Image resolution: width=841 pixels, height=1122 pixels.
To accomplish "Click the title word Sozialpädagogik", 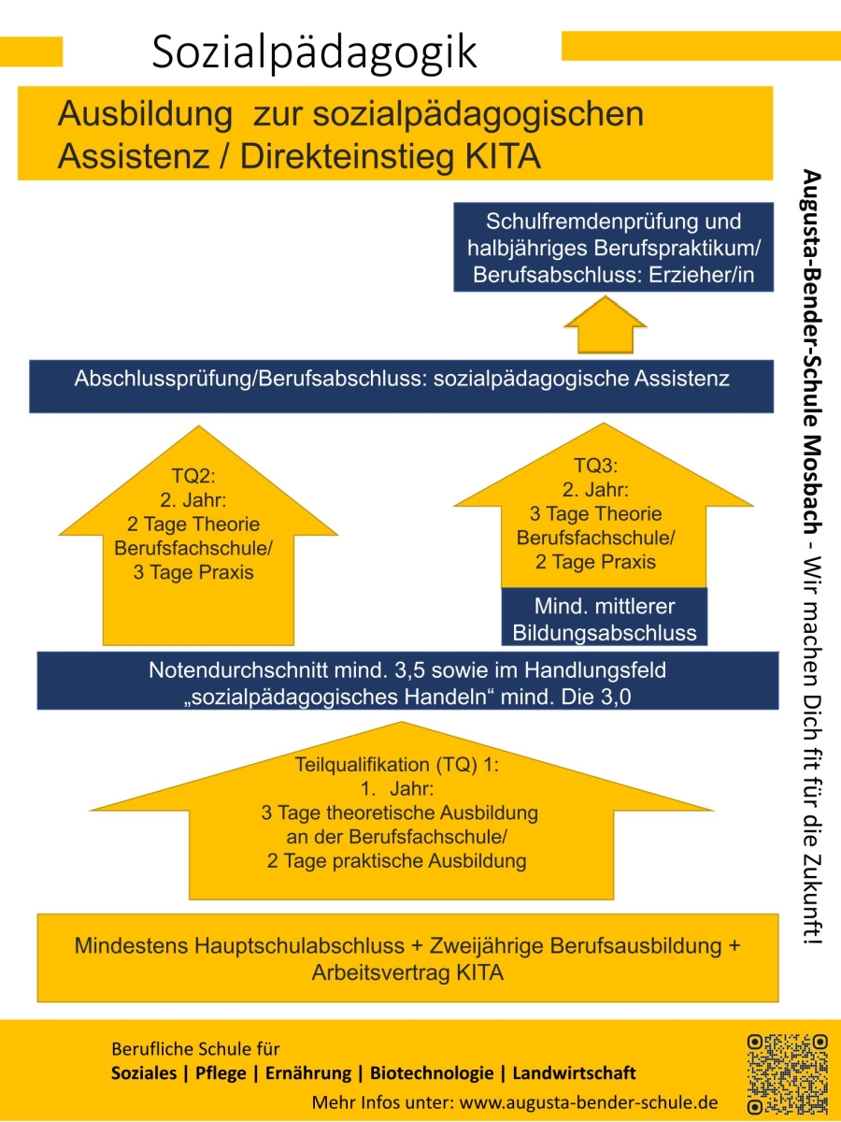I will point(315,52).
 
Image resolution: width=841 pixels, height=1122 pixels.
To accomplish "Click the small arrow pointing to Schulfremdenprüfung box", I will point(605,327).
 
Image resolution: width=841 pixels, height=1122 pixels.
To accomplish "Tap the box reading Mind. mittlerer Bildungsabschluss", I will point(605,618).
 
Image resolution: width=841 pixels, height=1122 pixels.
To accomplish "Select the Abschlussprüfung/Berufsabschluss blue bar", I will point(401,385).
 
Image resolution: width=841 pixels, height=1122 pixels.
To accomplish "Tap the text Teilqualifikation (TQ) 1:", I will point(398,764).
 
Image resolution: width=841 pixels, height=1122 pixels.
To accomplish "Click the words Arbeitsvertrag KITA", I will point(407,972).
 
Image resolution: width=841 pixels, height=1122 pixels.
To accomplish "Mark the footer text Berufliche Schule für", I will point(195,1048).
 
